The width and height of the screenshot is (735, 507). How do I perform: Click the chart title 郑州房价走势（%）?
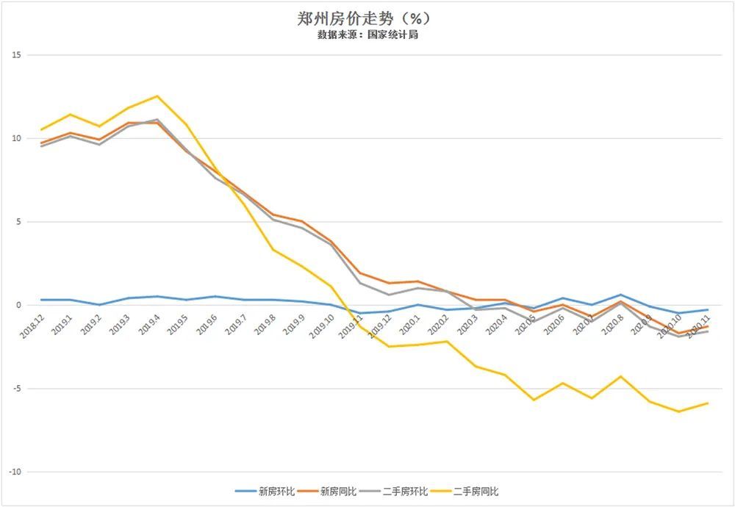367,18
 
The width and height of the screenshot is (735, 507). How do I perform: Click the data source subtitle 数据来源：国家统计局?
367,35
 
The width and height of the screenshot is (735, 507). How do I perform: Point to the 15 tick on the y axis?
17,55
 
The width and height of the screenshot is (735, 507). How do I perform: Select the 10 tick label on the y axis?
17,138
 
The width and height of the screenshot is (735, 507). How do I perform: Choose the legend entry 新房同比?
337,492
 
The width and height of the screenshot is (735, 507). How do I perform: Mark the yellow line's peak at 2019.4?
157,96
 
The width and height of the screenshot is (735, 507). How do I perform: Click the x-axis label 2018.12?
32,325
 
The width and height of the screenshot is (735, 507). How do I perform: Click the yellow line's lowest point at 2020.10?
679,411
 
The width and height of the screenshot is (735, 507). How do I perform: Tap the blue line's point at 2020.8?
620,295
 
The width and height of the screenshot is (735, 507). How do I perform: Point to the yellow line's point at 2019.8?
273,249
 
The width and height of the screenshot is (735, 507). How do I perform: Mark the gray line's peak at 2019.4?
157,120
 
